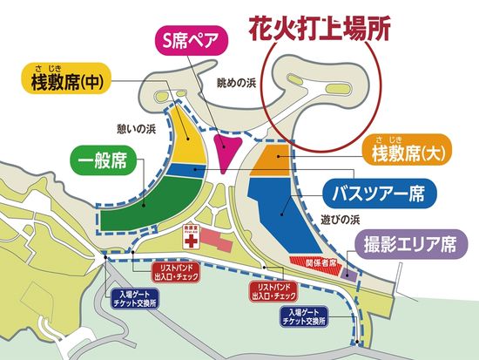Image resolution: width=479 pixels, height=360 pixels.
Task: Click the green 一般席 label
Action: coord(105,163)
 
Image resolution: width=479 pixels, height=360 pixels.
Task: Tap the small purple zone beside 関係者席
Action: coord(347,273)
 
